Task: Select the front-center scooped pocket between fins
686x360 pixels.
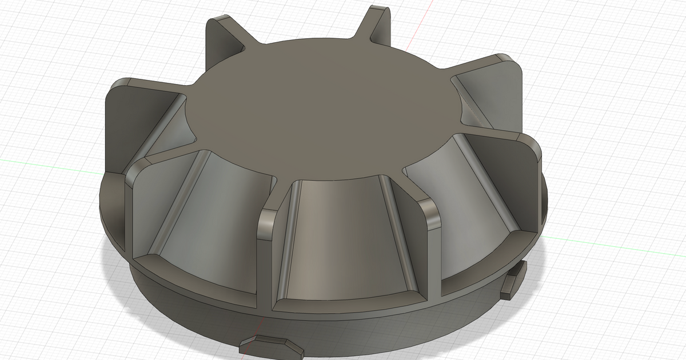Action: click(x=337, y=240)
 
